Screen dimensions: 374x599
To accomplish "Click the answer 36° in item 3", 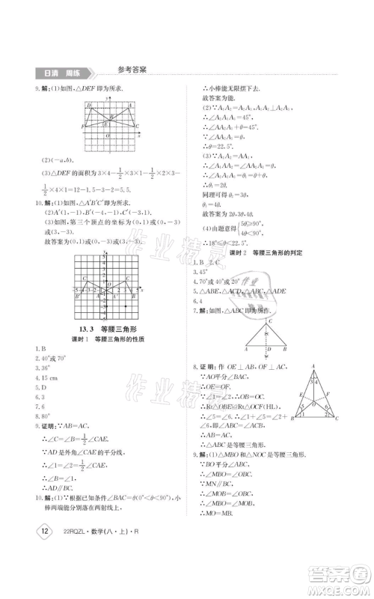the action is coord(46,368).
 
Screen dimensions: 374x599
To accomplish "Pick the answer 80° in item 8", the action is coord(46,416).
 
